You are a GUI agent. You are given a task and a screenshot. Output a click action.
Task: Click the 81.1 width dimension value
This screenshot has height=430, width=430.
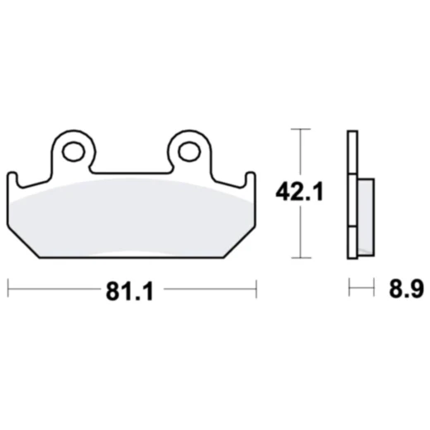coord(129,292)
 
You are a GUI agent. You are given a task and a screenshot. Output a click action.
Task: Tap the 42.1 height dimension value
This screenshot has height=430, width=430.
coord(299,192)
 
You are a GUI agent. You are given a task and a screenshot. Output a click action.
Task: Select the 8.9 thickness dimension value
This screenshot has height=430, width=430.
coord(406,289)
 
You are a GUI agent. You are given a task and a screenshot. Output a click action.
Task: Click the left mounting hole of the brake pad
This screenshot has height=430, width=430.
coord(74,151)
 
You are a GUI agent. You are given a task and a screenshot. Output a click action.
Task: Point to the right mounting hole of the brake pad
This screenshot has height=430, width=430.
coord(189,151)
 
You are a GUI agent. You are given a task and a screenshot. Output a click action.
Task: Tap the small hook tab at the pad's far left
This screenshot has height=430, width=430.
coord(12,179)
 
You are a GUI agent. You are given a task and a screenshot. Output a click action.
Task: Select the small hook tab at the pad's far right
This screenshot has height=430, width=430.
coord(251,179)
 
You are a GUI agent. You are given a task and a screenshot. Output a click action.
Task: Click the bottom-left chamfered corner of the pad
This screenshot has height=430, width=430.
coord(23,242)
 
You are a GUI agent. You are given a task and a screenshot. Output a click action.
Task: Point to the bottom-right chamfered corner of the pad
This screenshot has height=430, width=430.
coord(239,242)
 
